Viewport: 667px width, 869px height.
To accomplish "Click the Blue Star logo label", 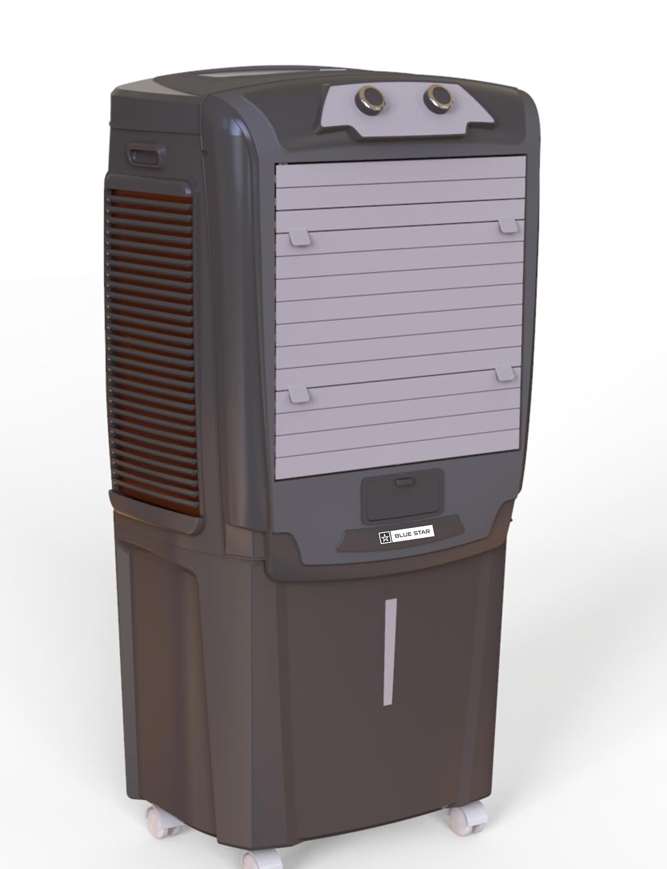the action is [x=406, y=536].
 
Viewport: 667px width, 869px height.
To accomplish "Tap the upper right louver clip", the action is [x=508, y=225].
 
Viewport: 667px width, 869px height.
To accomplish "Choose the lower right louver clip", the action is [x=506, y=374].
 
